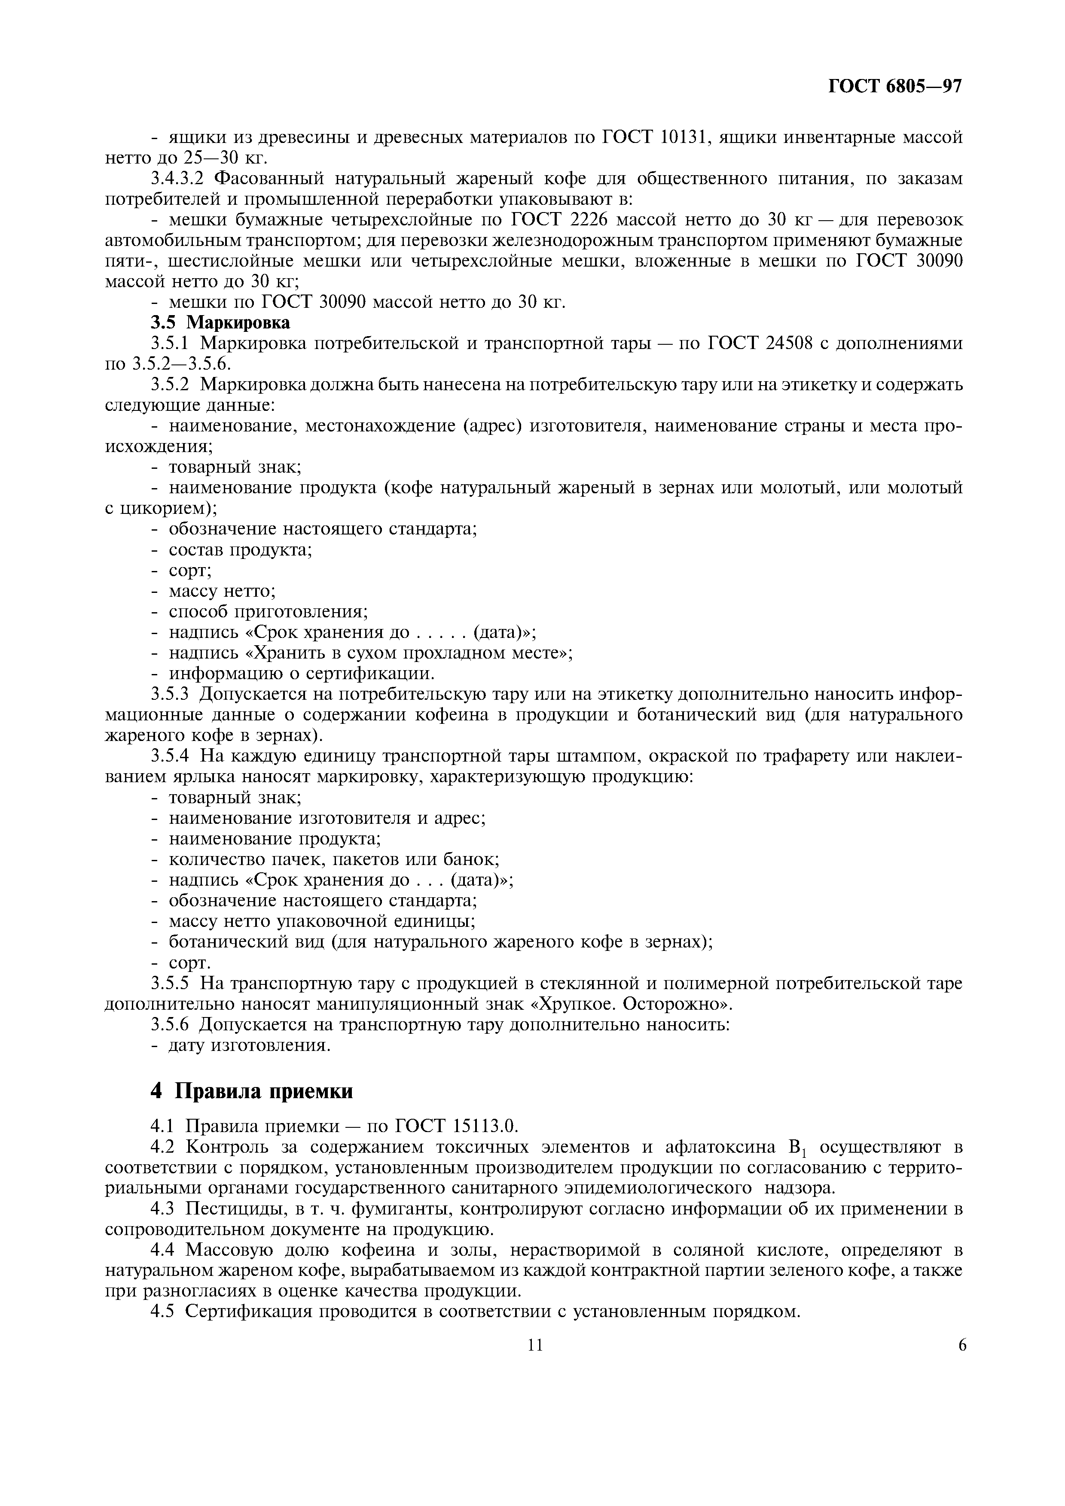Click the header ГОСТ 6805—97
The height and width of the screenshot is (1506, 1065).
[x=894, y=87]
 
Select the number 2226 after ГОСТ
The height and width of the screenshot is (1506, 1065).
[x=587, y=220]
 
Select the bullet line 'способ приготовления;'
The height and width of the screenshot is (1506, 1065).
[x=268, y=612]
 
